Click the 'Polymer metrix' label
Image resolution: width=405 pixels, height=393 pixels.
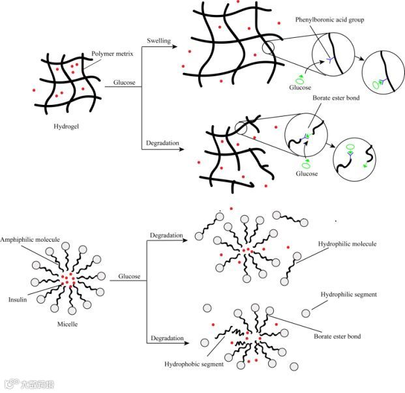click(x=113, y=54)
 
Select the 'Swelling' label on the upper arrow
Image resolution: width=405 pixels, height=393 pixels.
click(x=158, y=41)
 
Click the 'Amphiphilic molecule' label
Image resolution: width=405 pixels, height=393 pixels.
click(x=30, y=240)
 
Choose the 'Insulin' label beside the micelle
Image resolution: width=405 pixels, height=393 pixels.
click(x=17, y=300)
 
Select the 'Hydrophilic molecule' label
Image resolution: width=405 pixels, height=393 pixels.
click(x=348, y=244)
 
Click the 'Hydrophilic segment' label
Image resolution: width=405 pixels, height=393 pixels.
click(x=348, y=295)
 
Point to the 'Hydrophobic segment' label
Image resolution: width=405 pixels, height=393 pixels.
click(x=194, y=364)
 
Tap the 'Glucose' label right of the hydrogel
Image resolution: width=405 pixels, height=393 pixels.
click(x=125, y=83)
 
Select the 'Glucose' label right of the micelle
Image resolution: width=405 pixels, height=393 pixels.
click(x=129, y=276)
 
